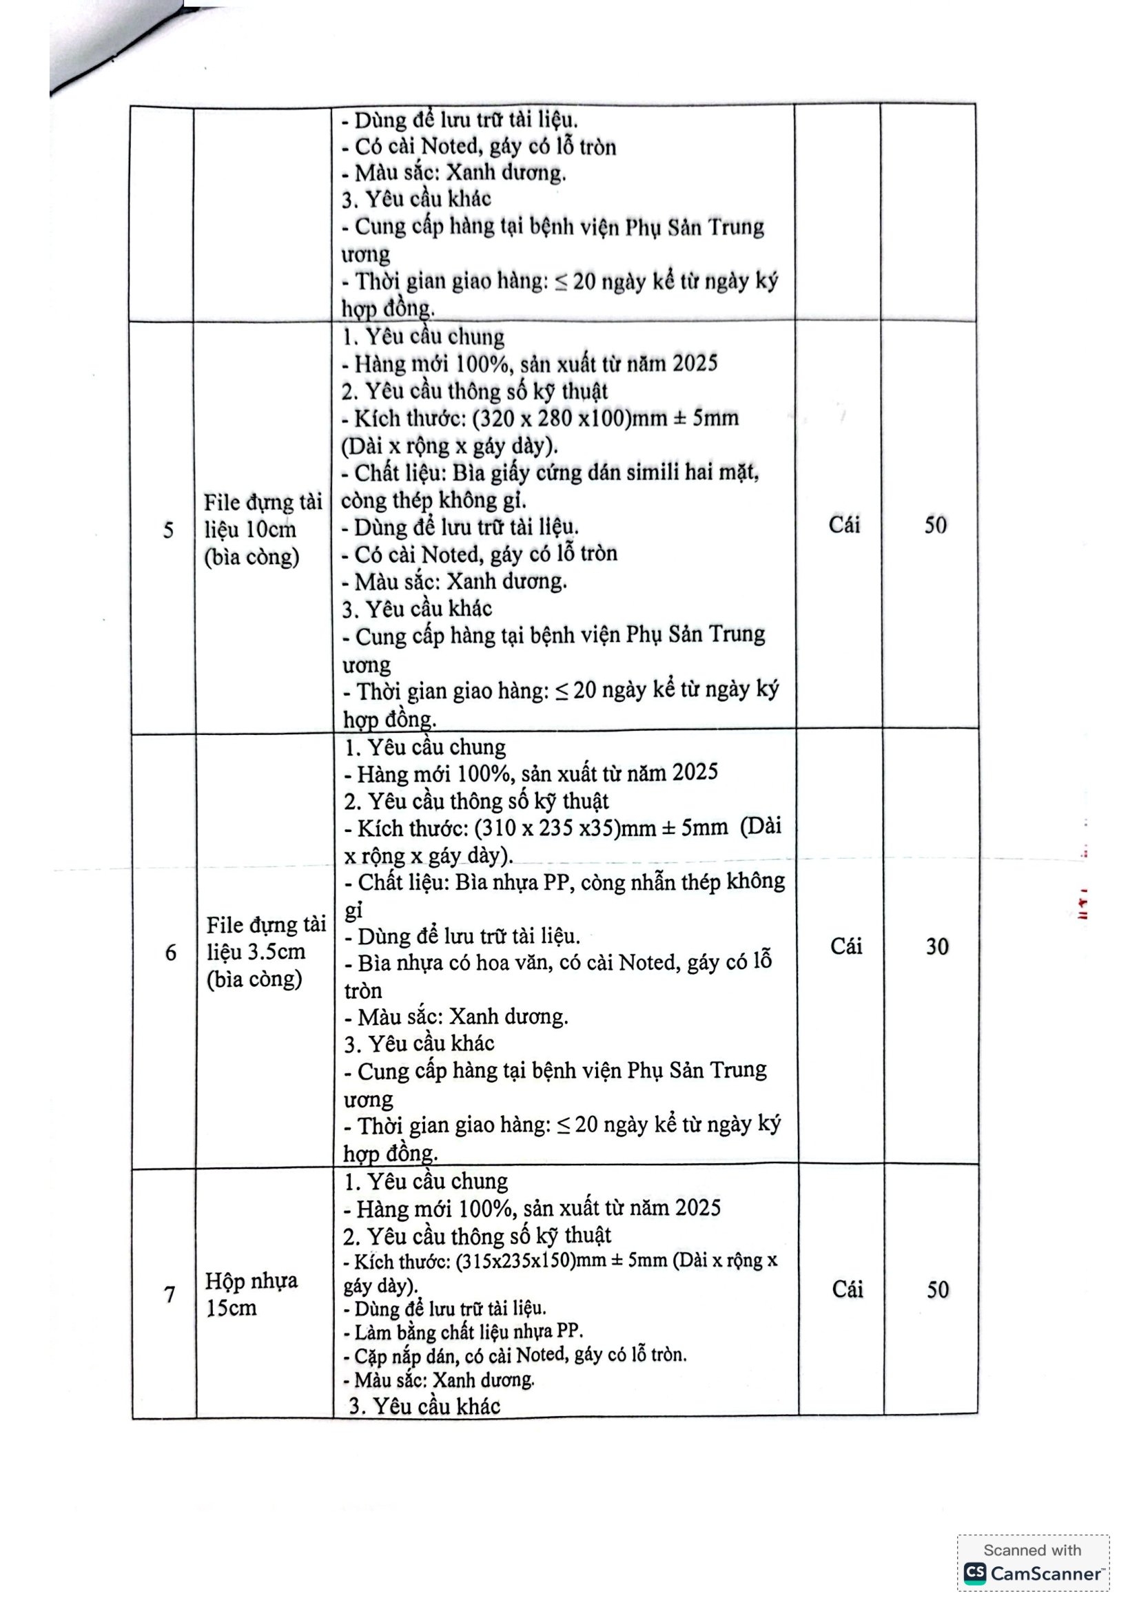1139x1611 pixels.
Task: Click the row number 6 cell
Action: [170, 952]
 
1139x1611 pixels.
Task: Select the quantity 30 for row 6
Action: [937, 946]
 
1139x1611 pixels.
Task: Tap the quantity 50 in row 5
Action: [935, 525]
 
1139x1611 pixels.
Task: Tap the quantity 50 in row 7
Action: [938, 1289]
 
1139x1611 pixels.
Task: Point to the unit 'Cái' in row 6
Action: [845, 946]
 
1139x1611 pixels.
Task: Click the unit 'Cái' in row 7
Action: [847, 1289]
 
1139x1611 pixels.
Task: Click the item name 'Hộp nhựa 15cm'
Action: [251, 1294]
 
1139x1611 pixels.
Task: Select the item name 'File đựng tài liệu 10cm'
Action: [262, 529]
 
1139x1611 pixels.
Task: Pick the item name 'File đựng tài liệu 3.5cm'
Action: [265, 951]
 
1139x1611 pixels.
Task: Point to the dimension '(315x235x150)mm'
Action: [531, 1260]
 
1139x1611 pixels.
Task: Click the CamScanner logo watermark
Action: [1032, 1573]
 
